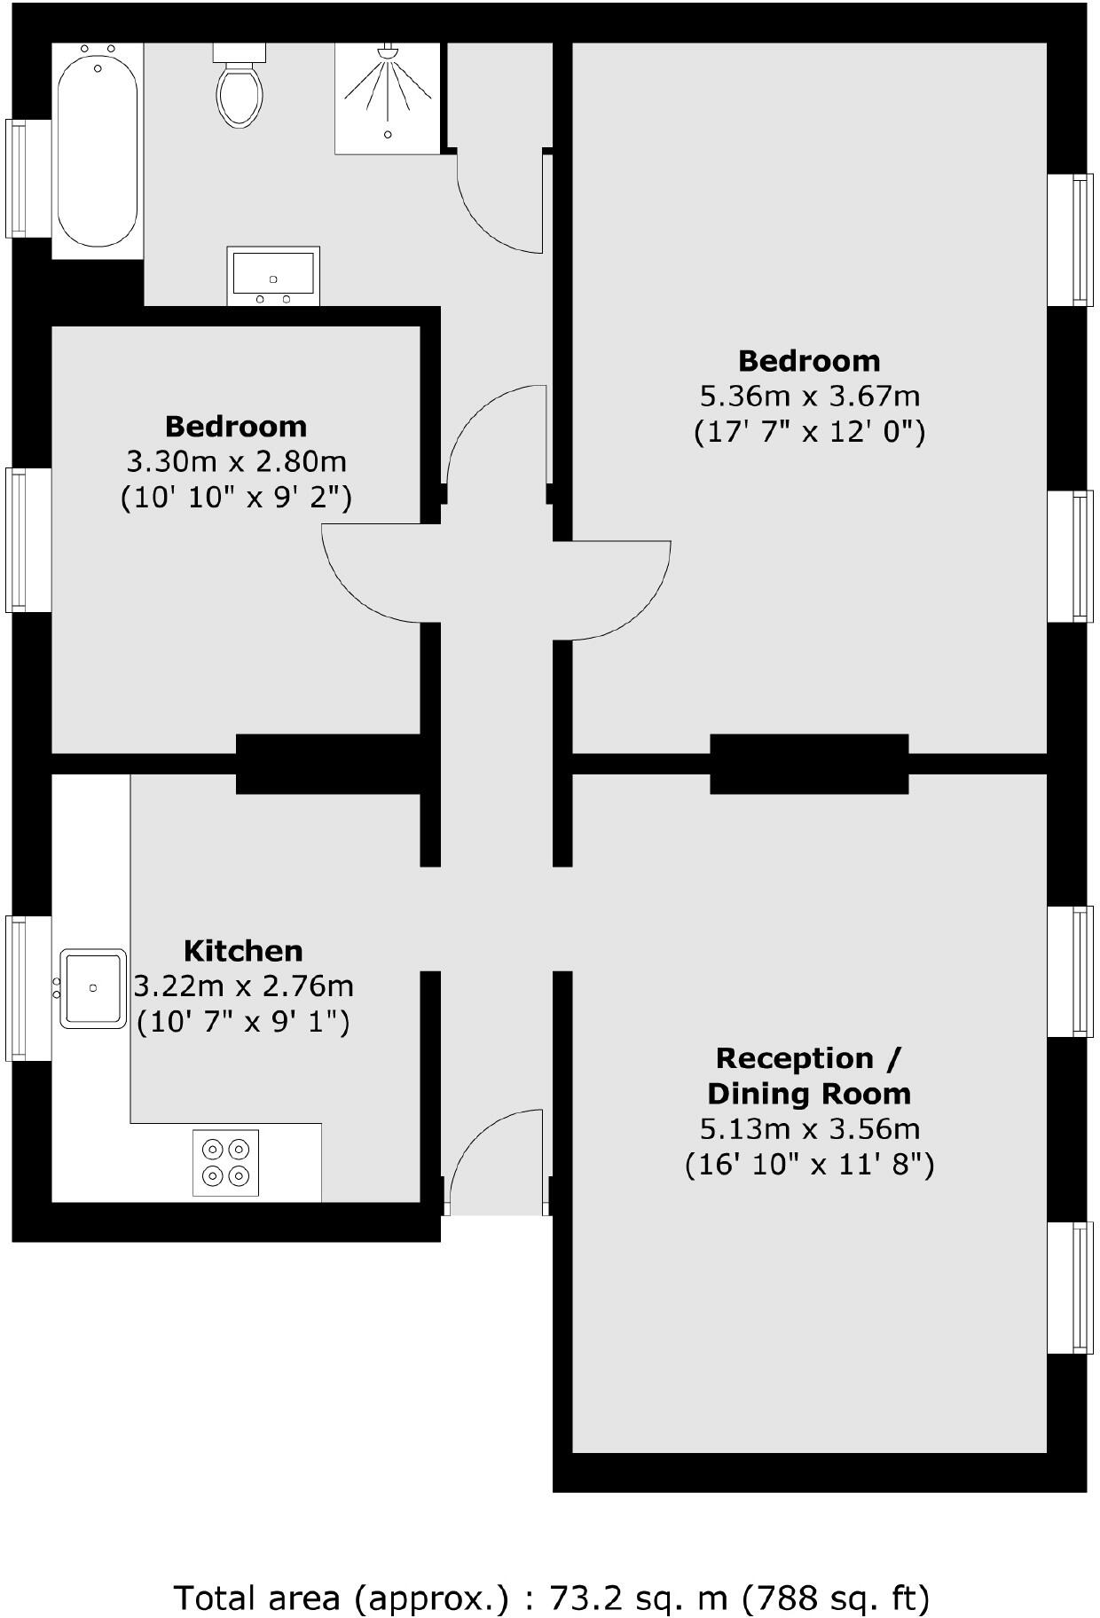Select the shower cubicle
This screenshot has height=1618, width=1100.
[x=388, y=98]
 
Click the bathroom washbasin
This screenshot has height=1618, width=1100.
[x=273, y=274]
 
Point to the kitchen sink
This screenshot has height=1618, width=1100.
[x=92, y=988]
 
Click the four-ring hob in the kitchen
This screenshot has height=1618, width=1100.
[x=225, y=1163]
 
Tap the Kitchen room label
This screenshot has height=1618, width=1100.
[x=243, y=951]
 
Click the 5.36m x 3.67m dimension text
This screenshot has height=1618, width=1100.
[x=809, y=396]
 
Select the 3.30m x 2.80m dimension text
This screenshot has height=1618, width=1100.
[x=236, y=461]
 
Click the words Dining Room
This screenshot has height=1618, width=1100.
[x=809, y=1094]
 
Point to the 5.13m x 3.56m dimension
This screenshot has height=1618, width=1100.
[x=809, y=1129]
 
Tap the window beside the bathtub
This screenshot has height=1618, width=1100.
[x=16, y=178]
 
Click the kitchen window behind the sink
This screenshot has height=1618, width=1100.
[x=16, y=988]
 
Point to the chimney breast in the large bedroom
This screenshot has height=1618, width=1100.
[x=809, y=764]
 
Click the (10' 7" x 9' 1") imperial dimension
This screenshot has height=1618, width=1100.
[x=243, y=1022]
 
